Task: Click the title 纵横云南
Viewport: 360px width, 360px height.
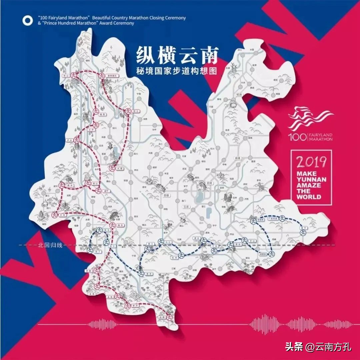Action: tap(177, 55)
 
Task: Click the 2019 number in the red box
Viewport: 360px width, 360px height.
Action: tap(311, 162)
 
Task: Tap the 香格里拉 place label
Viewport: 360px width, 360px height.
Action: tap(106, 76)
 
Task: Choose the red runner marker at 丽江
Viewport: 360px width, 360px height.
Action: tap(127, 112)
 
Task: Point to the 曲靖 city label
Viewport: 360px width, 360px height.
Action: tap(237, 158)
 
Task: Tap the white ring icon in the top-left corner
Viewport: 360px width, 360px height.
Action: tap(28, 21)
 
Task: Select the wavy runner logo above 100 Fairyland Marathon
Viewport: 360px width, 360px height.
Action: tap(310, 118)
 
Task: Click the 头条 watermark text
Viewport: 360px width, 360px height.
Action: tap(294, 347)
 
